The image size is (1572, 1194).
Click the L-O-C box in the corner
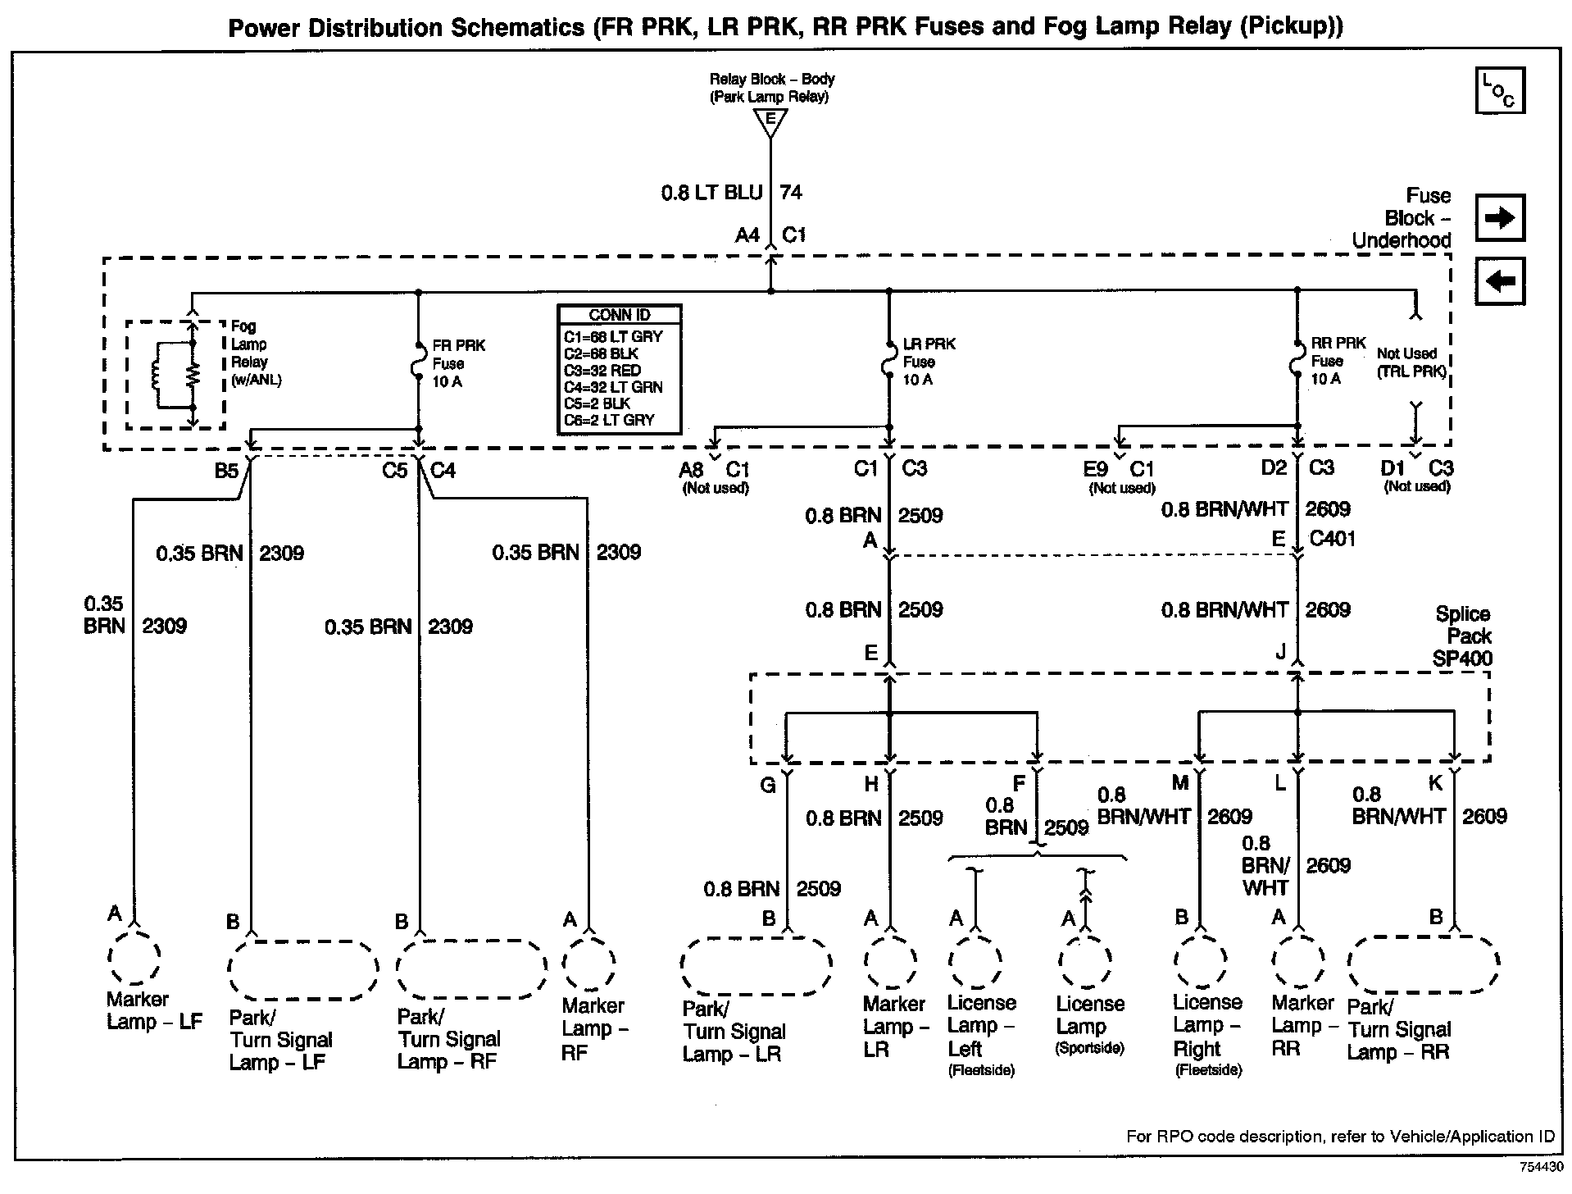[1499, 90]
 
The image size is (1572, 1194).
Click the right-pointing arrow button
[1499, 217]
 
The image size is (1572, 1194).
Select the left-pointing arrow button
[1499, 281]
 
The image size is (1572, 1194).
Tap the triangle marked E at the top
[770, 122]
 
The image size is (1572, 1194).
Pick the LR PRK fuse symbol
[889, 362]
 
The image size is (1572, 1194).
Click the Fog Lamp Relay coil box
[175, 375]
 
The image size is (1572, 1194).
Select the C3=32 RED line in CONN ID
[602, 370]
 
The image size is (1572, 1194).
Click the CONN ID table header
[619, 315]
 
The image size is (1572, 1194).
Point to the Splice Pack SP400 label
[1462, 636]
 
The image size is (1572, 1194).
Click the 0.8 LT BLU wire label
[711, 193]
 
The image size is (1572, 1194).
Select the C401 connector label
[1332, 539]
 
